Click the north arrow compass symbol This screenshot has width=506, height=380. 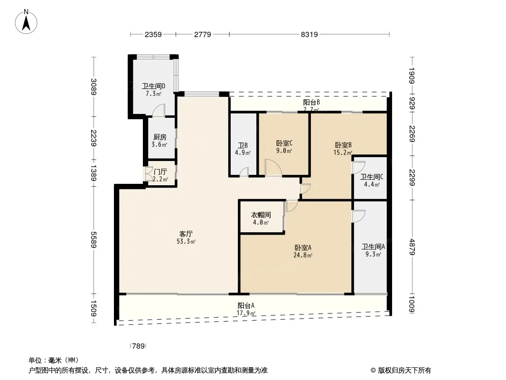[x=26, y=22]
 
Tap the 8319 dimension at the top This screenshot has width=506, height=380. [x=309, y=34]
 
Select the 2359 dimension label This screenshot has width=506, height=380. [x=153, y=34]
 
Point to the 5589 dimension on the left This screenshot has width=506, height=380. [x=94, y=239]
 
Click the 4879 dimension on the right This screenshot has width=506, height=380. [x=412, y=247]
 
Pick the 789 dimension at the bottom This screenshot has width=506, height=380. [x=139, y=346]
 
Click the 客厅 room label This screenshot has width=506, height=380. [x=186, y=234]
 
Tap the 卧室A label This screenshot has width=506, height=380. [x=303, y=247]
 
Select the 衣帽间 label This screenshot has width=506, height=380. [x=261, y=215]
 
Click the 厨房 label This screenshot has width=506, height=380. [x=160, y=137]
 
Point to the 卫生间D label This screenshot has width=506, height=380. [x=154, y=86]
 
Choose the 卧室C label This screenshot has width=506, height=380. [x=284, y=143]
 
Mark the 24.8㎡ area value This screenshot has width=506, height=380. [x=303, y=256]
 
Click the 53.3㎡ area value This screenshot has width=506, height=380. [x=186, y=241]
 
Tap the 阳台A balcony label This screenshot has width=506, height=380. [x=246, y=305]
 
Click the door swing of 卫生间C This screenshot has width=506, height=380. [x=358, y=167]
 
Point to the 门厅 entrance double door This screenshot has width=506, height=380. [x=149, y=174]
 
